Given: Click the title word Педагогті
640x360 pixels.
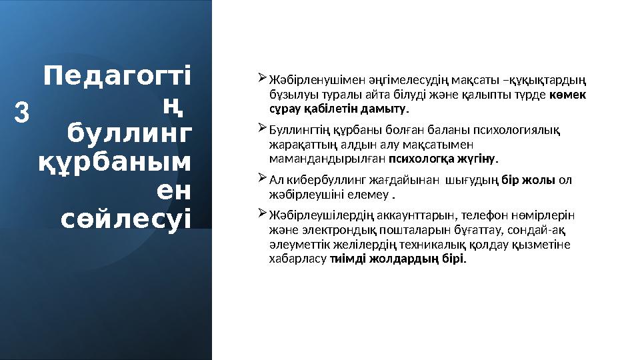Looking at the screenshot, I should click(x=117, y=76).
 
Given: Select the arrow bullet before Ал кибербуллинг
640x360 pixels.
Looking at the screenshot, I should click(x=261, y=179).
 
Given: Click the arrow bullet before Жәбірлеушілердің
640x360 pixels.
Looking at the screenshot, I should click(x=261, y=215).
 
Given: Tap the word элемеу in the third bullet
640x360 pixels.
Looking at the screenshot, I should click(x=371, y=195).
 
